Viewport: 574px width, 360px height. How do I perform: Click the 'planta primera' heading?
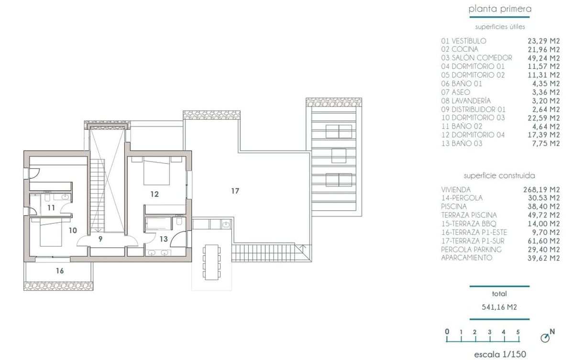click(x=500, y=9)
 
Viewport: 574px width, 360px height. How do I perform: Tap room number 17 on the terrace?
click(x=235, y=191)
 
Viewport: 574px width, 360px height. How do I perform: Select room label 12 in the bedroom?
click(x=154, y=194)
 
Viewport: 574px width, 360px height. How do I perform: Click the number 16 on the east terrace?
click(x=60, y=271)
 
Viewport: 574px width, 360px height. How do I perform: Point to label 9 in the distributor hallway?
click(x=100, y=239)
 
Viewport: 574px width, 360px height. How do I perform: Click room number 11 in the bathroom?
click(x=51, y=207)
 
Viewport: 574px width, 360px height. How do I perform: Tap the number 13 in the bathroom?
click(x=164, y=239)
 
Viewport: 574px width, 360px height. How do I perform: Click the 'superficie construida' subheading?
click(x=499, y=175)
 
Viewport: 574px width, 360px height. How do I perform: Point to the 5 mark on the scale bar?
click(x=518, y=332)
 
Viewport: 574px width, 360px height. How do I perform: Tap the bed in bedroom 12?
click(x=157, y=173)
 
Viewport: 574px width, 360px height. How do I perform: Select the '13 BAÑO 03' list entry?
click(x=462, y=143)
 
